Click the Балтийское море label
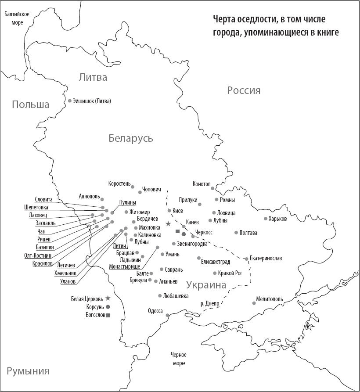[x=17, y=18]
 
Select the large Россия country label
[x=244, y=90]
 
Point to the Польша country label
[x=30, y=104]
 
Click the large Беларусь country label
[x=131, y=138]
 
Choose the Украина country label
[x=206, y=284]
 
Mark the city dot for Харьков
[x=265, y=219]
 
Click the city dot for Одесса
[x=167, y=315]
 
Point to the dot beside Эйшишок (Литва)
[x=69, y=101]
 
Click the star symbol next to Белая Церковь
[x=108, y=298]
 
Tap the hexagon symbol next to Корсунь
[x=108, y=307]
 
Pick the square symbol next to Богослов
[x=108, y=315]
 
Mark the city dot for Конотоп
[x=212, y=188]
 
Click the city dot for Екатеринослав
[x=246, y=259]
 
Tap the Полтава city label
[x=248, y=233]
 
